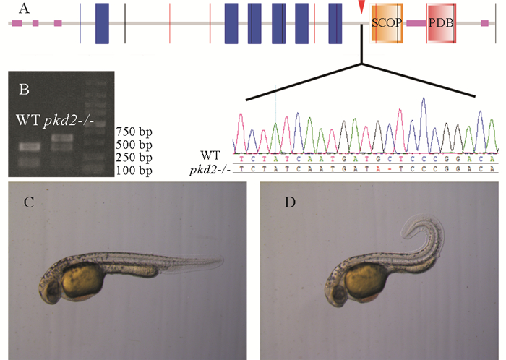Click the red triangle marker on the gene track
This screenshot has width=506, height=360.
click(x=361, y=7)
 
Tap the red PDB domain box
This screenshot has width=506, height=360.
click(x=441, y=23)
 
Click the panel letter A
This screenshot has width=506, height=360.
click(x=25, y=9)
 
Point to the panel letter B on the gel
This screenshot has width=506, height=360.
click(x=24, y=90)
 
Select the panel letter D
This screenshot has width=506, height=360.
click(x=290, y=203)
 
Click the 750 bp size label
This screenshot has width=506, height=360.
click(x=134, y=132)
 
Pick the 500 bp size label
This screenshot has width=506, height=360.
click(x=134, y=145)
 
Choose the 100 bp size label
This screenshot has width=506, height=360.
click(x=134, y=171)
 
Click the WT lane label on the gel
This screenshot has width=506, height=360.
click(x=27, y=119)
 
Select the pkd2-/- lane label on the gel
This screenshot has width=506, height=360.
click(x=63, y=119)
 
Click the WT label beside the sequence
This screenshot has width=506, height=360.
click(x=215, y=156)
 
